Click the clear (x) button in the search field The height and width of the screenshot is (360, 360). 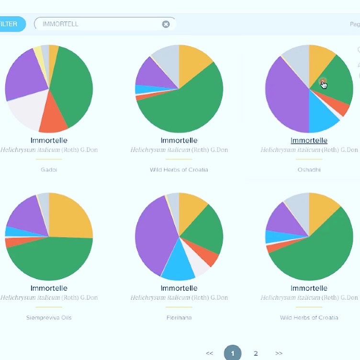[166, 24]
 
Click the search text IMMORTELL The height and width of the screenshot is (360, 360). [60, 24]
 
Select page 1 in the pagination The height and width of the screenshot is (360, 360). [233, 353]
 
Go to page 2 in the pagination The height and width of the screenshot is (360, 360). [256, 353]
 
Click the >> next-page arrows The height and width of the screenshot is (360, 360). [279, 353]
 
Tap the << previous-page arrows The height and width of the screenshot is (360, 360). [209, 353]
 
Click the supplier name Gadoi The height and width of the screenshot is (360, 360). [49, 169]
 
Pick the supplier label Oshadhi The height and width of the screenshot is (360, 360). [309, 169]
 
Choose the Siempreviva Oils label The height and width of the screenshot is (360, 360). [49, 317]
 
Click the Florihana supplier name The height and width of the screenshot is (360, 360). [179, 317]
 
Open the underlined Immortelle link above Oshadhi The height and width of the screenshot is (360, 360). [309, 140]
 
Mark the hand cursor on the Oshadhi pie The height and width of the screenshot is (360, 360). [324, 84]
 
